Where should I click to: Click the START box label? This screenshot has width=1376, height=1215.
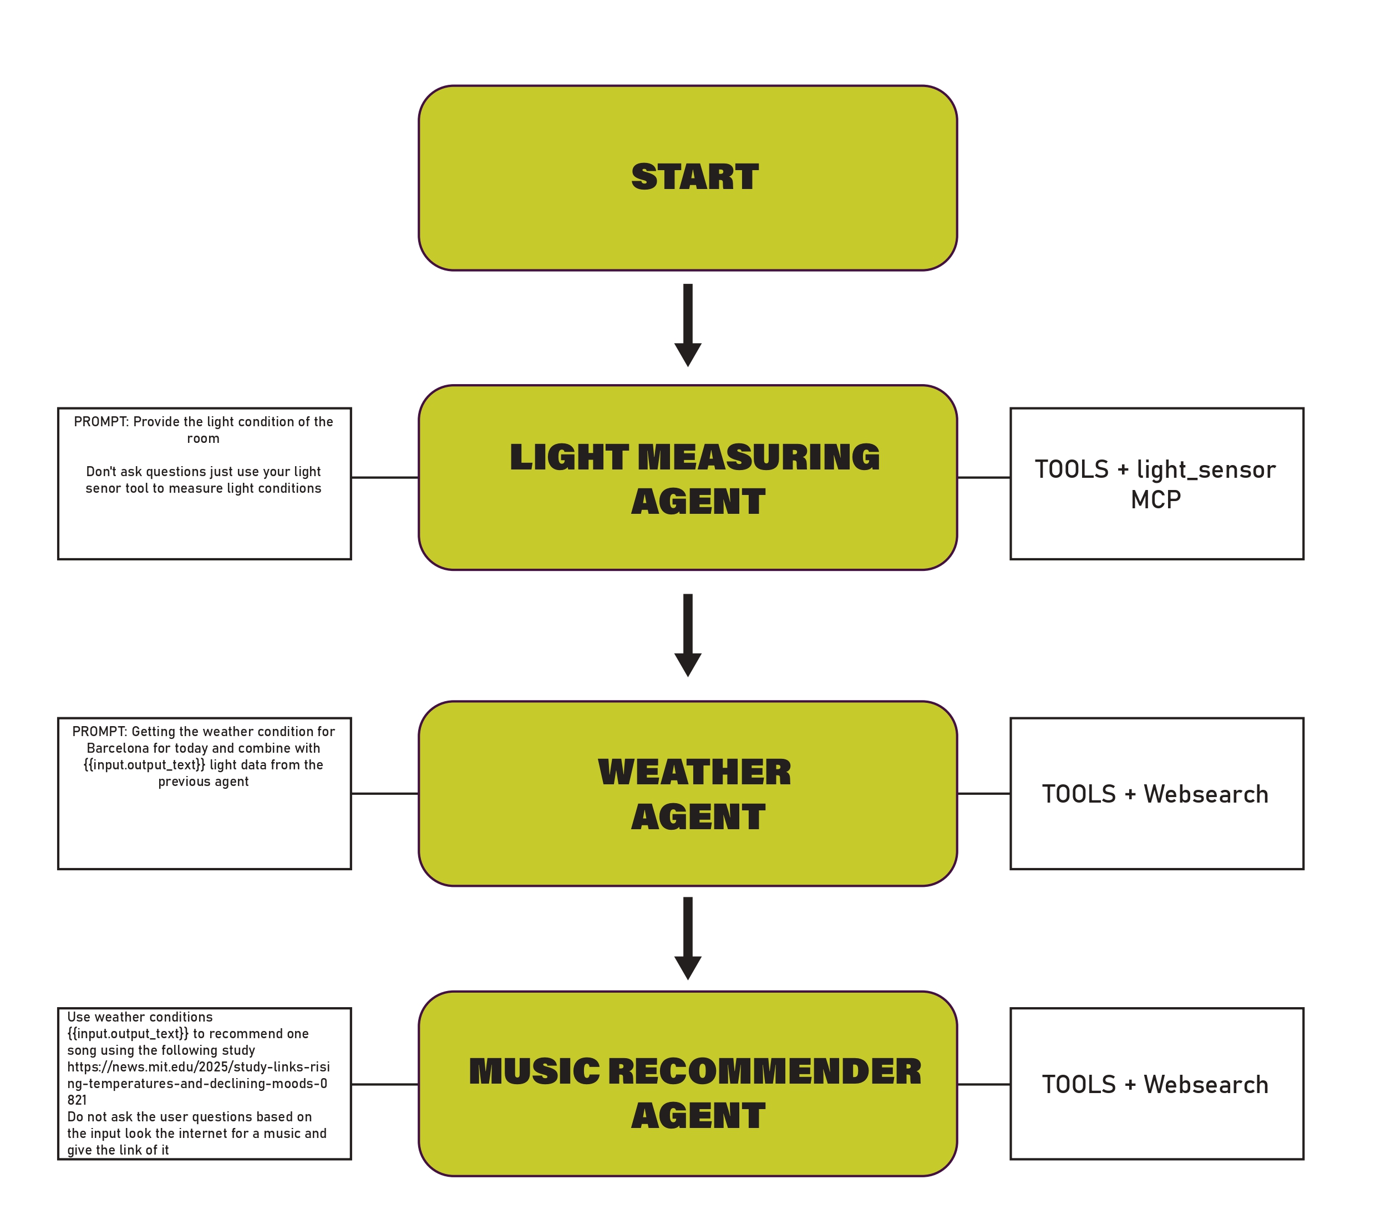pos(695,177)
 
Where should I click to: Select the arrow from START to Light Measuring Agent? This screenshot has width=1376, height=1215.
pos(688,324)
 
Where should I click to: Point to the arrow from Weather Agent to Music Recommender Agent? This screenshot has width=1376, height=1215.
pos(688,937)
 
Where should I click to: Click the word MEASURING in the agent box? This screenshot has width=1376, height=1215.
pos(758,457)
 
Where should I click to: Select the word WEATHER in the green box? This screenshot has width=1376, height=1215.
pos(695,772)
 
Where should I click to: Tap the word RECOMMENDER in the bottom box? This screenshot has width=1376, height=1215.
pos(765,1071)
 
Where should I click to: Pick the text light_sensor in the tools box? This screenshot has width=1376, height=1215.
pos(1206,469)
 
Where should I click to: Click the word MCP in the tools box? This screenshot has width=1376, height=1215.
pos(1156,500)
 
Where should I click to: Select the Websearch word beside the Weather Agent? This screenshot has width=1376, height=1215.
pos(1206,794)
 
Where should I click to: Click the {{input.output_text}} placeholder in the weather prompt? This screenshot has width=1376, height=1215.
pos(144,765)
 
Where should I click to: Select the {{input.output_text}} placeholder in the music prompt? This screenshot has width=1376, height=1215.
pos(128,1034)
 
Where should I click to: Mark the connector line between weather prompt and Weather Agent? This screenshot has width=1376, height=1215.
pos(384,794)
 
